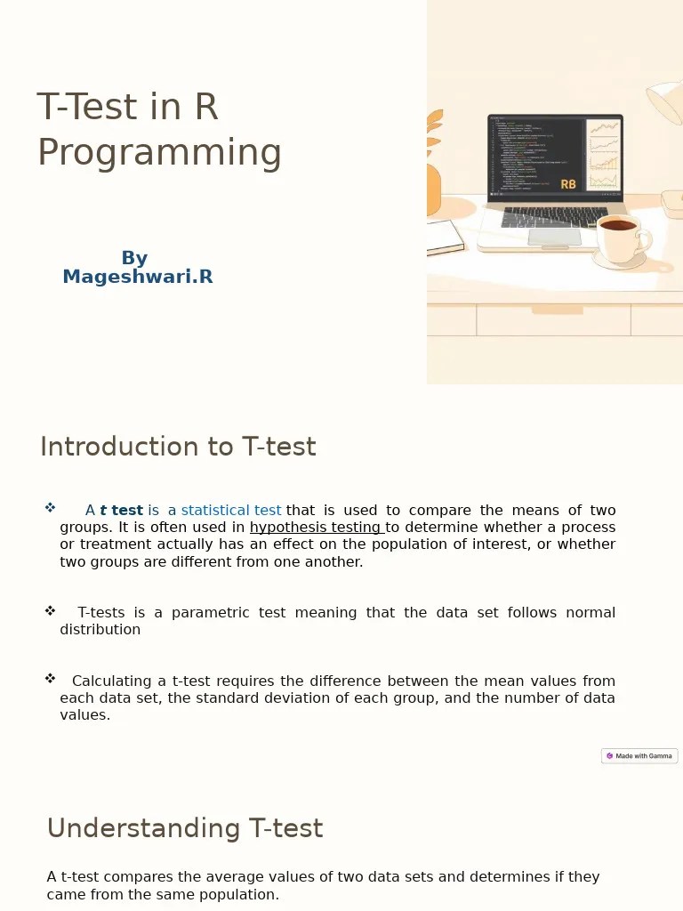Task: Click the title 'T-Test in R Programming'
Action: coord(158,130)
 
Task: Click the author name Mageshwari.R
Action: coord(138,278)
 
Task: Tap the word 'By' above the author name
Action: coord(134,258)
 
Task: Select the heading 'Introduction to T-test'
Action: coord(178,447)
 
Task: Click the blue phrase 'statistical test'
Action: coord(231,511)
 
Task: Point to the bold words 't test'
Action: coord(122,511)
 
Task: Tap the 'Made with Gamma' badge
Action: coord(639,756)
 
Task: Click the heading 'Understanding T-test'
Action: coord(184,828)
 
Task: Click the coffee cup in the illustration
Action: coord(619,237)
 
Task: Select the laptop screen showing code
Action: coord(554,156)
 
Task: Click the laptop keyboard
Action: coord(554,217)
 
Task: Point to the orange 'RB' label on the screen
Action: coord(568,185)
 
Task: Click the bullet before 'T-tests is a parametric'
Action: coord(50,611)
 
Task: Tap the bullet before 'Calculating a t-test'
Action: coord(50,679)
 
